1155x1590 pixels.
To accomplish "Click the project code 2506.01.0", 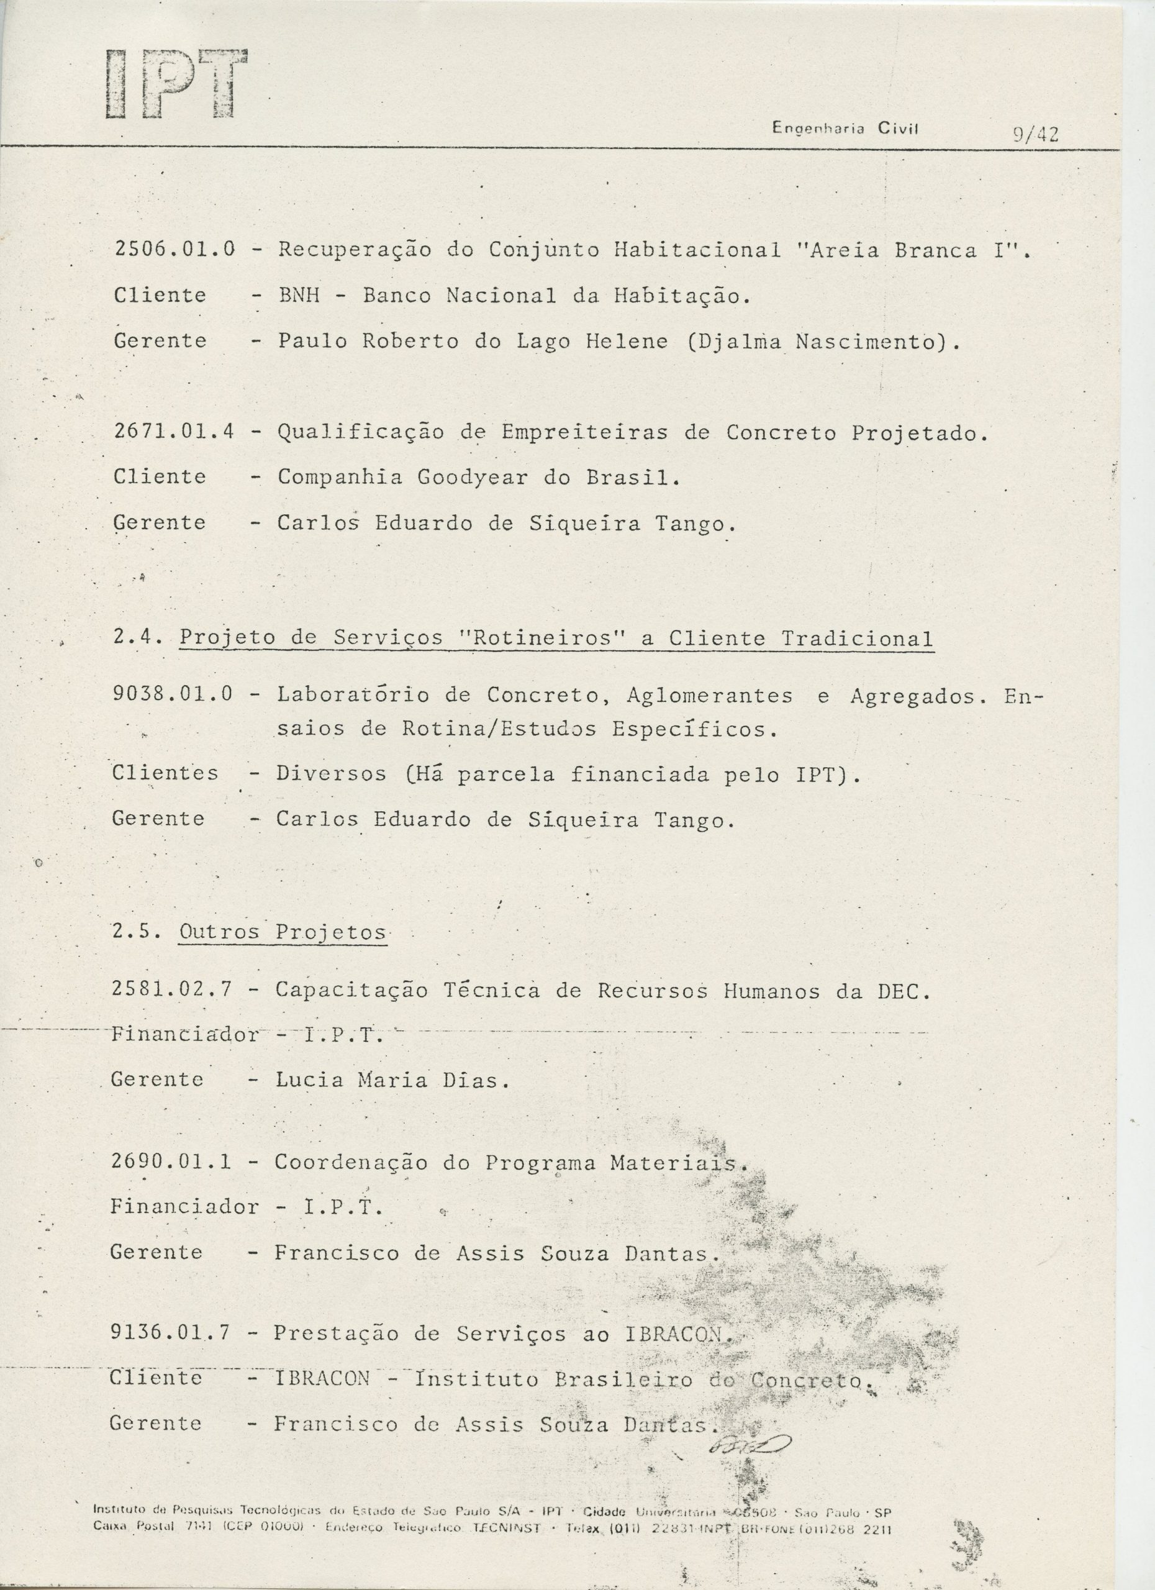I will (x=174, y=249).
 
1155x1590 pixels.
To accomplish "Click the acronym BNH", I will (x=299, y=295).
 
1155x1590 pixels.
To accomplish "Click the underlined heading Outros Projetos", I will (x=283, y=932).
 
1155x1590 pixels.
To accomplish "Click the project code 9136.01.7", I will (x=170, y=1333).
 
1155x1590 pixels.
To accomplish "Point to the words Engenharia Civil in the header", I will (x=845, y=129).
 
